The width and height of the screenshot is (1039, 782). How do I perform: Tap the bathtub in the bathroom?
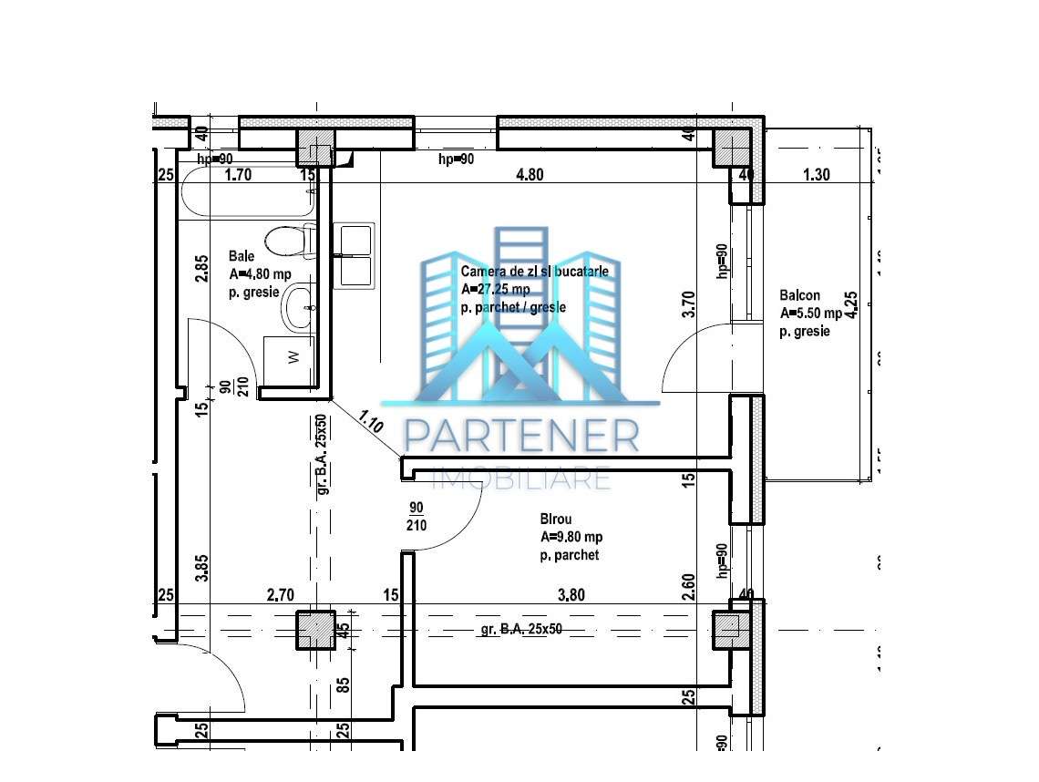click(246, 194)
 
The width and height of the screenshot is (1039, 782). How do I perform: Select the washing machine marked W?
click(290, 358)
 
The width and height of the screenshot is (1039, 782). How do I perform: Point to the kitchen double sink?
click(354, 256)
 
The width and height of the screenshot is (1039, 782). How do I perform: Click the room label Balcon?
click(799, 295)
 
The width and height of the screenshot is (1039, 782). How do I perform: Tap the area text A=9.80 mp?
click(571, 537)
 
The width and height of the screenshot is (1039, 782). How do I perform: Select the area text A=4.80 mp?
click(260, 274)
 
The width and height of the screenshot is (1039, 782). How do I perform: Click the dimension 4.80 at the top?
click(530, 175)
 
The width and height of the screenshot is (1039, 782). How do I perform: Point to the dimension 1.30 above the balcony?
click(817, 175)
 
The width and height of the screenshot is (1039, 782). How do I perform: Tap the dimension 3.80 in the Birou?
click(571, 595)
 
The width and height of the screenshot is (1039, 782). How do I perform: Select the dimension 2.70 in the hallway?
click(280, 595)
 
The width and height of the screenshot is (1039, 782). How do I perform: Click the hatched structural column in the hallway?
click(315, 630)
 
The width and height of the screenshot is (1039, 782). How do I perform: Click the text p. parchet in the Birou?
click(570, 555)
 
